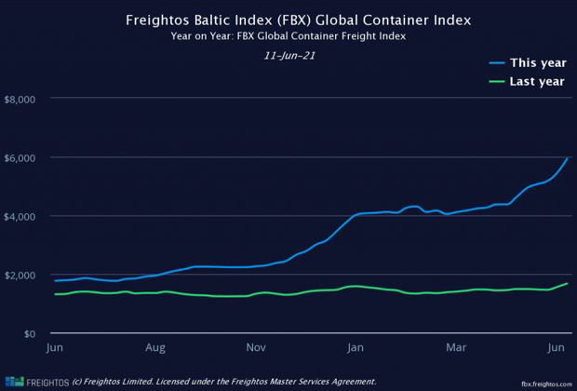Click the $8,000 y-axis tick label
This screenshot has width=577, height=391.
20,99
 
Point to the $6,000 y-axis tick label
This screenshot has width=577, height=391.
20,157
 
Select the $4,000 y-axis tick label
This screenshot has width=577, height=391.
20,216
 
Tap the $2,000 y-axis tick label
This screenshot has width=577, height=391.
20,275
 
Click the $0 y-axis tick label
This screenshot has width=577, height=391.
30,333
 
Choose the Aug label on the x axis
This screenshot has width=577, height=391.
155,348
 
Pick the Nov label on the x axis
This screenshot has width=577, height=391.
256,348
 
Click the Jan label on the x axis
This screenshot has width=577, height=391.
356,348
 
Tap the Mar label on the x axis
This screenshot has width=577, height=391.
457,348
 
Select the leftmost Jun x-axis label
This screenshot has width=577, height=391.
55,348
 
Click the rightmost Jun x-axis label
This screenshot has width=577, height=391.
557,348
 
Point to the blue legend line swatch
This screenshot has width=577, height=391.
496,63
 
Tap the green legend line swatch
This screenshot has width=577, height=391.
496,82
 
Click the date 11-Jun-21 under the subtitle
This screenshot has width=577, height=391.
288,56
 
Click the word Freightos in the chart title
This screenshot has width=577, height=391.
160,19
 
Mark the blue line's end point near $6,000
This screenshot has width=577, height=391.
567,158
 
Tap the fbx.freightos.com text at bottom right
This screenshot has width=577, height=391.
545,383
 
